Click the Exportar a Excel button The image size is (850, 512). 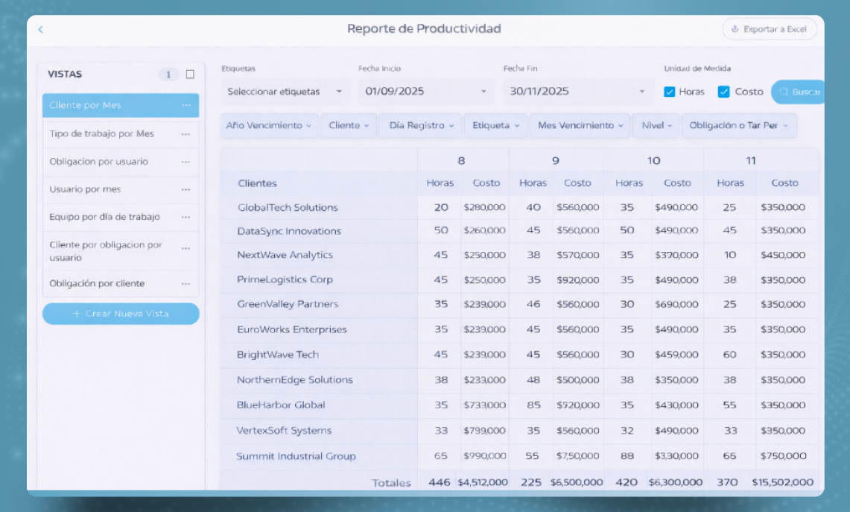point(770,29)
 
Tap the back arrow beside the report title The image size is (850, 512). point(41,29)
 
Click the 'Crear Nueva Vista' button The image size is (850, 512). point(121,314)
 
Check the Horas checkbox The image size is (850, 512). point(670,92)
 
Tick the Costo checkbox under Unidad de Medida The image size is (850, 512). point(723,92)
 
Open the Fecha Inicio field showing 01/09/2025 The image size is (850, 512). point(426,92)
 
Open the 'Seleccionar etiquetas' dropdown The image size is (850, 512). point(285,92)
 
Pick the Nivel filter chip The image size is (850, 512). point(656,125)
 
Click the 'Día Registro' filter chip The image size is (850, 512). point(421,125)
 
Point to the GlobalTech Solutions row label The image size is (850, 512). point(288,207)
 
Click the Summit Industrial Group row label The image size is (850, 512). point(296,456)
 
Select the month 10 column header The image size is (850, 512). point(654,160)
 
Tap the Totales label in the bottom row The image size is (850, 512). point(391,483)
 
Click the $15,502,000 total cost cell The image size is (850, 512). point(783,482)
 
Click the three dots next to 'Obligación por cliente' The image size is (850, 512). point(186,284)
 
